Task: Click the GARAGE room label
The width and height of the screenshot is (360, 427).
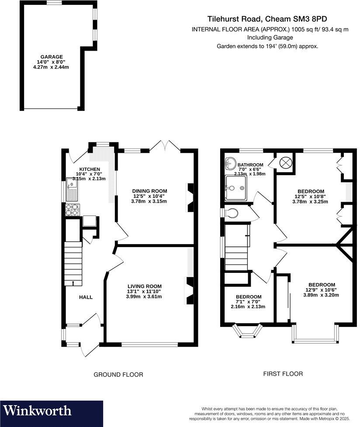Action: point(52,57)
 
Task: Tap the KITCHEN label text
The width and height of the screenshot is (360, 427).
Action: point(90,169)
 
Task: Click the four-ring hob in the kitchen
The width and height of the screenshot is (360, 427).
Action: point(73,210)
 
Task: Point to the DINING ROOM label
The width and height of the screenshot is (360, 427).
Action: point(150,191)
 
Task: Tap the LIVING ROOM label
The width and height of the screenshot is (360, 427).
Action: point(144,286)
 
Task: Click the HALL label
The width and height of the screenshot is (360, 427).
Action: point(86,297)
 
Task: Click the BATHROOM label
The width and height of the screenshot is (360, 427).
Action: point(251,165)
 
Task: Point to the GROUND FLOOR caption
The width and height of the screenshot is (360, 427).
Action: point(118,375)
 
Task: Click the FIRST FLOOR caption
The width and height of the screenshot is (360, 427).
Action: point(283,374)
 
